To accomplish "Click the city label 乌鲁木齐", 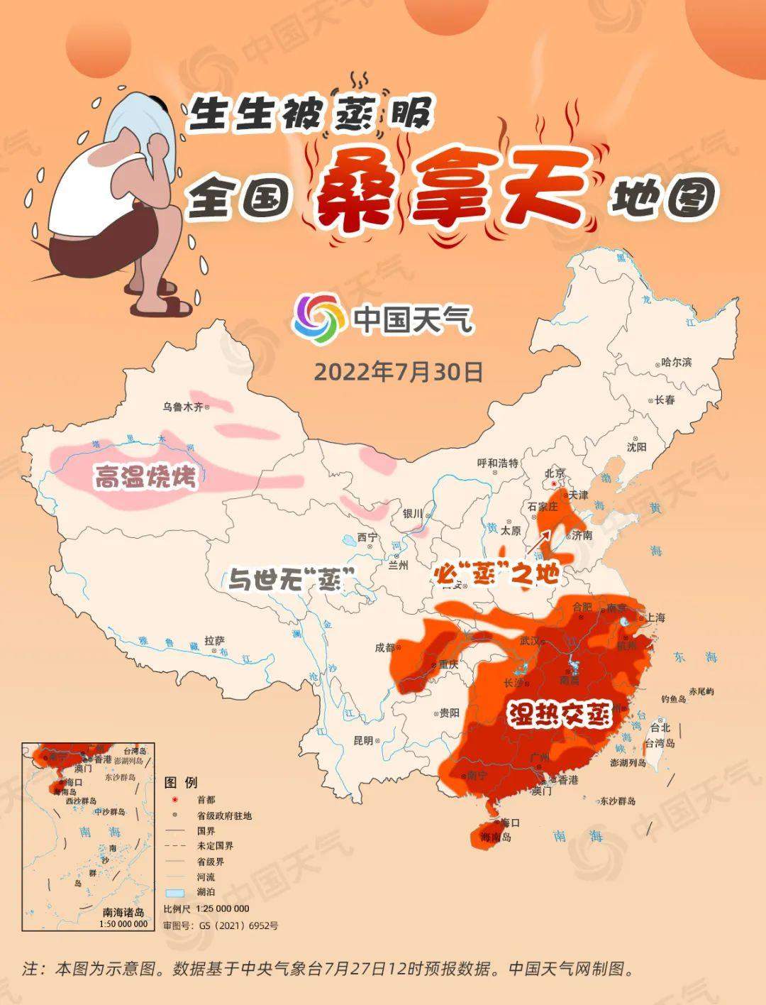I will click(x=183, y=407).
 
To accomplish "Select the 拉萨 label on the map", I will click(x=215, y=640).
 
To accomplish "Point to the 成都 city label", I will click(x=385, y=647).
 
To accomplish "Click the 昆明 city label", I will click(x=362, y=740).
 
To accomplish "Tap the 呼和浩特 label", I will click(x=498, y=463).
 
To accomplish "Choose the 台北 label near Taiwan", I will click(x=660, y=727).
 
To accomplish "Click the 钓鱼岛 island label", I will click(x=673, y=699).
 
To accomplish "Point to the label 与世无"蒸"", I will click(x=292, y=581).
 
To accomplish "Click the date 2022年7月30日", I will click(x=398, y=372).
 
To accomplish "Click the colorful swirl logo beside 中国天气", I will click(x=318, y=319).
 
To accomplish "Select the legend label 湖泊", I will click(x=206, y=892).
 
